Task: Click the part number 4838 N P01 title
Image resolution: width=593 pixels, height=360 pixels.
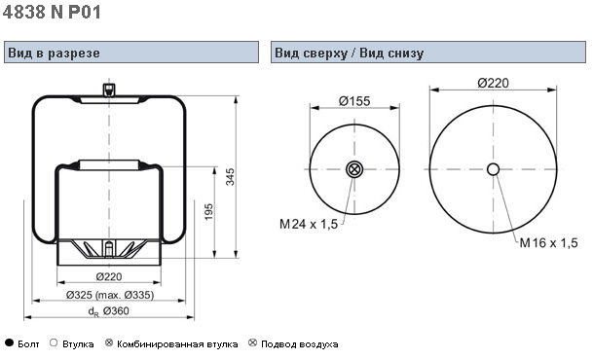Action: click(x=52, y=12)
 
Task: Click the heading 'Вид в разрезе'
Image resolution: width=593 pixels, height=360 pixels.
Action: click(x=54, y=53)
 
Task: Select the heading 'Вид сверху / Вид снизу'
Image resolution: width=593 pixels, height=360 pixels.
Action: click(x=349, y=53)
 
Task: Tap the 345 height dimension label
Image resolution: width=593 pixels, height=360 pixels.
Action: click(x=230, y=176)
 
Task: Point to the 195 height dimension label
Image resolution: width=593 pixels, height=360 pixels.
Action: click(x=208, y=212)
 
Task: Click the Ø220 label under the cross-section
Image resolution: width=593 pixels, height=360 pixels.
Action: click(x=109, y=277)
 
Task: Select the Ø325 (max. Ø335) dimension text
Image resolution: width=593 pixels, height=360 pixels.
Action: click(x=110, y=295)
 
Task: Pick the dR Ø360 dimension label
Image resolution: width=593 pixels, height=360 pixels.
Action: click(x=108, y=311)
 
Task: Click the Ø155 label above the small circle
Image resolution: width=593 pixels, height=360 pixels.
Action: click(x=354, y=101)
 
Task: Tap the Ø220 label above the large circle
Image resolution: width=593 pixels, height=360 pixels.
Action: click(x=493, y=83)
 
